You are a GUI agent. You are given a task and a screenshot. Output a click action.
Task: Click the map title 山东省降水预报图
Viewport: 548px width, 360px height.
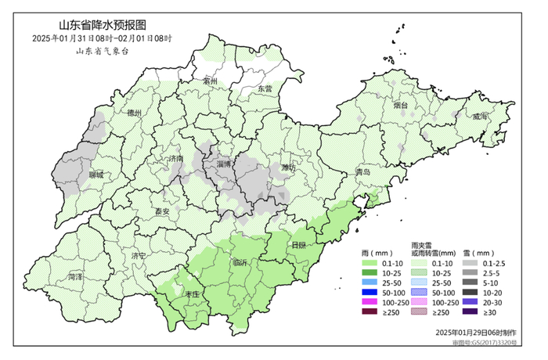pos(102,24)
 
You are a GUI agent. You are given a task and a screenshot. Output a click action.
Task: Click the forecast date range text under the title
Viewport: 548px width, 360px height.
pos(102,38)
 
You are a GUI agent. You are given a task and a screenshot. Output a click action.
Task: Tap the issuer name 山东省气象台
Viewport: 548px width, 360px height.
pos(101,50)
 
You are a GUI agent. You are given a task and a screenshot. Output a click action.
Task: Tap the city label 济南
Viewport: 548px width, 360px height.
pos(176,158)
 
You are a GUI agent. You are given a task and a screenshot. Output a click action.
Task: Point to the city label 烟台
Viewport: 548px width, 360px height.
pos(401,103)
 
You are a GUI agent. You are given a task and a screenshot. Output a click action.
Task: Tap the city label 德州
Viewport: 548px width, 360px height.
pos(134,113)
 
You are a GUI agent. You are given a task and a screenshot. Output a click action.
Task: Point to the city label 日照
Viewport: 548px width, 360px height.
pos(298,244)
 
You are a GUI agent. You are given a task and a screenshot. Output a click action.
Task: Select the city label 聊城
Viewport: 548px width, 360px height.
pos(96,175)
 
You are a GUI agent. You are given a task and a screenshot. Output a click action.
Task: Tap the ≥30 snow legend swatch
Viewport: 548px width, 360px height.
pos(467,312)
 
